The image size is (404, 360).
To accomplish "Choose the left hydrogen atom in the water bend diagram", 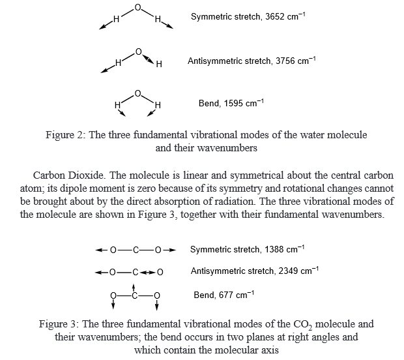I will point(118,104).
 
